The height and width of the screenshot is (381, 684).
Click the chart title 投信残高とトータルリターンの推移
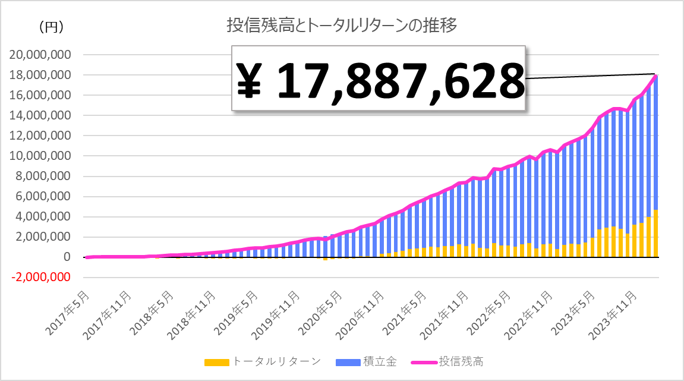pos(341,26)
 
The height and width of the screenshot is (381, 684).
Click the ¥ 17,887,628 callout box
pos(379,78)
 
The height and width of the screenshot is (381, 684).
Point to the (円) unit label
pos(51,27)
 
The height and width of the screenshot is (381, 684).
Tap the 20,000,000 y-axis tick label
pos(40,55)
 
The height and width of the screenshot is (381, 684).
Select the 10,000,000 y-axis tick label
pos(40,156)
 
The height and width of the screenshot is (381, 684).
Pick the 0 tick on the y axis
pos(67,257)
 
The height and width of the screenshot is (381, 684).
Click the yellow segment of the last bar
pos(655,234)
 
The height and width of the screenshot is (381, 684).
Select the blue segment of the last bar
pos(655,143)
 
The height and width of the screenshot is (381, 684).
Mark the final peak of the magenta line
pos(656,75)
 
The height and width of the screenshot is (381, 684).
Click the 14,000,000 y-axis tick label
pos(40,115)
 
